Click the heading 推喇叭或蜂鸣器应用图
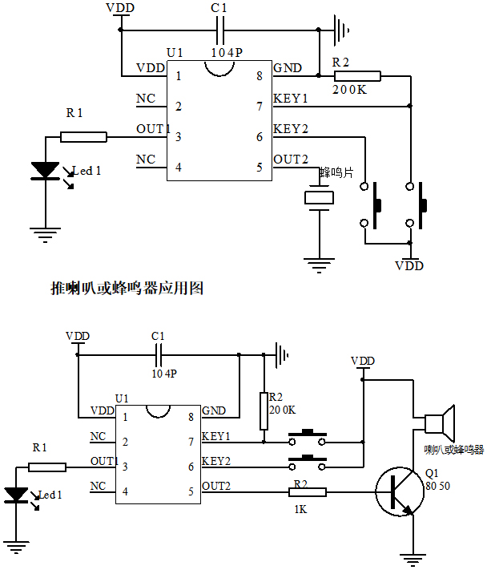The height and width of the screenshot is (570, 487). point(127,288)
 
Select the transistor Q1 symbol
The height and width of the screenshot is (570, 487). point(396,491)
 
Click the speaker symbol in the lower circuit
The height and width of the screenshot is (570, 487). point(439,422)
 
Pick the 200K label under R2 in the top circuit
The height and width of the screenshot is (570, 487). point(349,90)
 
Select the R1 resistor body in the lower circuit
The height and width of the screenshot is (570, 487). point(47,467)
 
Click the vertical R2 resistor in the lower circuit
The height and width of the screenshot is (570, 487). point(264,410)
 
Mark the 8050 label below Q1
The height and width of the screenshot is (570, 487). point(437,486)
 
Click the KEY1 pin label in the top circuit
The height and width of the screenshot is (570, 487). point(291,99)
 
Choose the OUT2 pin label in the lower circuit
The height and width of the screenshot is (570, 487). point(216,485)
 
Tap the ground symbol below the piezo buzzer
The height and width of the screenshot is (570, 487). point(320,261)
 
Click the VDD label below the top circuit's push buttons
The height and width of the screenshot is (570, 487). point(409,265)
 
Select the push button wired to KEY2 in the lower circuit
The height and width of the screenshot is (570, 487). point(308,461)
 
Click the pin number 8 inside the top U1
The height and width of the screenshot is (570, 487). point(260,76)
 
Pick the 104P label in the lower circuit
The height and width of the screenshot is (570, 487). point(164,374)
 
